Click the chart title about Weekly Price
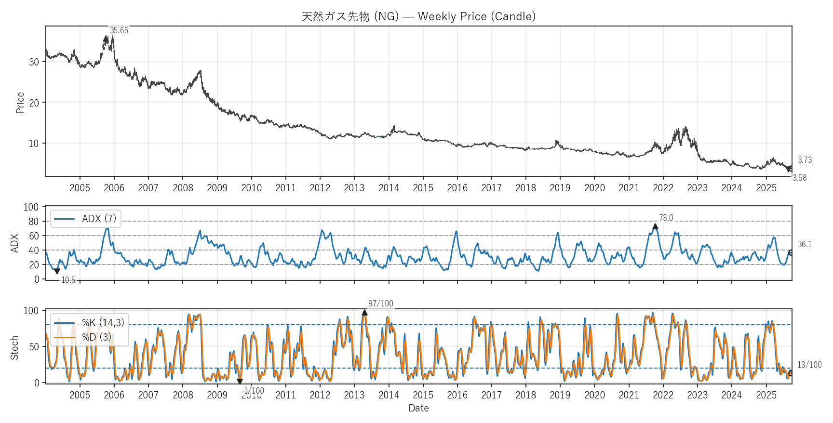click(418, 16)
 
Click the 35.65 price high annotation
click(119, 31)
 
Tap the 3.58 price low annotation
click(799, 178)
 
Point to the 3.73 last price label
click(805, 160)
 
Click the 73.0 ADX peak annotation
click(666, 218)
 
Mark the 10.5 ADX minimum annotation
click(68, 280)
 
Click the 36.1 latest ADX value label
click(805, 245)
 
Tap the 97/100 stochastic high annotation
click(380, 304)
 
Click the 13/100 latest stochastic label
click(809, 365)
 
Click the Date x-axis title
click(418, 409)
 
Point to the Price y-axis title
click(20, 103)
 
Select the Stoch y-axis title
click(14, 348)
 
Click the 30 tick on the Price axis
click(34, 62)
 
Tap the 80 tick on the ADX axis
click(33, 222)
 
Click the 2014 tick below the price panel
click(389, 188)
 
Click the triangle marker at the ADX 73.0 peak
click(655, 226)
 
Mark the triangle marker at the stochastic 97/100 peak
click(364, 313)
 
